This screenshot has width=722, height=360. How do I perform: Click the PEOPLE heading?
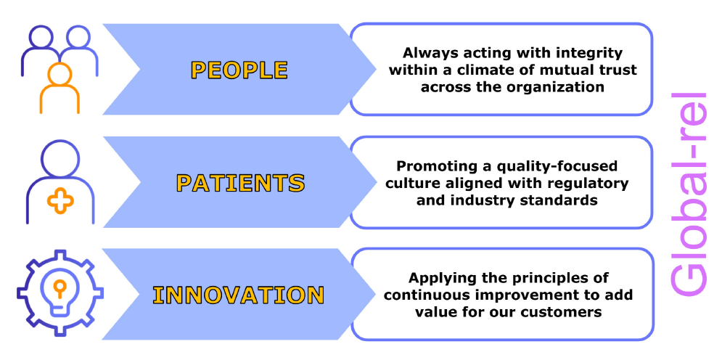tap(239, 70)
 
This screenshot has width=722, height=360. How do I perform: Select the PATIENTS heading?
tap(240, 183)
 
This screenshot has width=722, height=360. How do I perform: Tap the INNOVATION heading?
tap(238, 295)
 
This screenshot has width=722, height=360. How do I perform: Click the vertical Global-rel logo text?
tap(688, 195)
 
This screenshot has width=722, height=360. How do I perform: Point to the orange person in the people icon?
tap(60, 88)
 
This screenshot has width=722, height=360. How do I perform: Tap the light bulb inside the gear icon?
tap(60, 294)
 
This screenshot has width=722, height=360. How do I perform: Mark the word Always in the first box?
tap(425, 54)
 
